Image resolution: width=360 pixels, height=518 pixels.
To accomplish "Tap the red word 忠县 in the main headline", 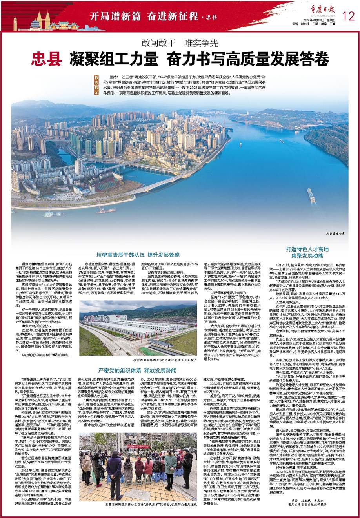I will tap(47, 58).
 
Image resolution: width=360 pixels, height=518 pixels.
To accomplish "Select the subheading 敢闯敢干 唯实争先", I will tap(180, 43).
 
